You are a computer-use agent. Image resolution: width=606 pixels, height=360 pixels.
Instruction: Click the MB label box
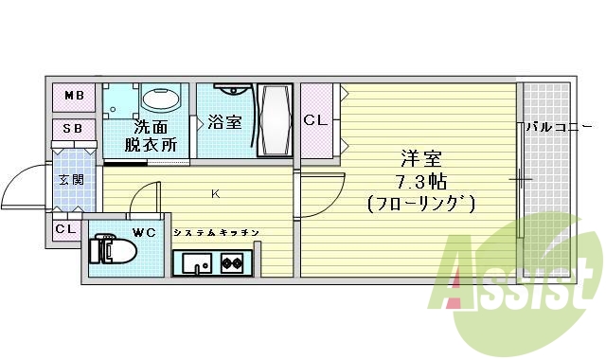pos(73,96)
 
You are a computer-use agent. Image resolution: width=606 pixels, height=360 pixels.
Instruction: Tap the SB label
pos(73,129)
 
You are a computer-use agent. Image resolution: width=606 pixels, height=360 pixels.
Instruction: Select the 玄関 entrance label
pos(71,179)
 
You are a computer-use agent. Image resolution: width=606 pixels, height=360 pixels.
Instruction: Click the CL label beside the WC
pos(65,229)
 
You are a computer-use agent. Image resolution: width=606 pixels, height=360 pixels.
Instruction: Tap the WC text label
pos(144,231)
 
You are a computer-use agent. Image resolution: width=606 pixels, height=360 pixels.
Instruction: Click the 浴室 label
pos(223,121)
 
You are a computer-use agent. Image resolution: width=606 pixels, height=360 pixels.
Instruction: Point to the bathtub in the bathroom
pos(275,120)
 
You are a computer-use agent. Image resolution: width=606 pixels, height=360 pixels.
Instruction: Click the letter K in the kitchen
pos(216,194)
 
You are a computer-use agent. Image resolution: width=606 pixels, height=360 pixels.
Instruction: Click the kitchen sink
pos(196,262)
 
